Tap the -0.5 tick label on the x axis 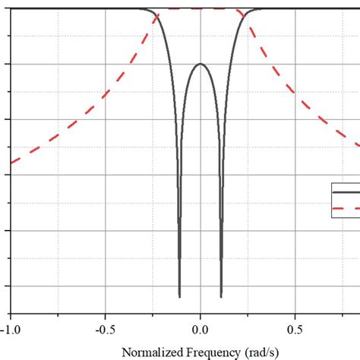tap(105, 329)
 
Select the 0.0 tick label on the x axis tap(201, 329)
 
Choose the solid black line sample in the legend tap(346, 192)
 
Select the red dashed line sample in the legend tap(346, 207)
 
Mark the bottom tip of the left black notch tap(179, 295)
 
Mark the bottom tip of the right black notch tap(221, 295)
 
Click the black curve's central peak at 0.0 tap(201, 64)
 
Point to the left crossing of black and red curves tap(158, 16)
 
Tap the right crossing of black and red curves tap(243, 16)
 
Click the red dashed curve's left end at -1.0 tap(11, 163)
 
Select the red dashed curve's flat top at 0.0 tap(201, 9)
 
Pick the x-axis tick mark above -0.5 tap(106, 309)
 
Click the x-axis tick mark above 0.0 tap(201, 309)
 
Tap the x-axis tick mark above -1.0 tap(11, 309)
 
